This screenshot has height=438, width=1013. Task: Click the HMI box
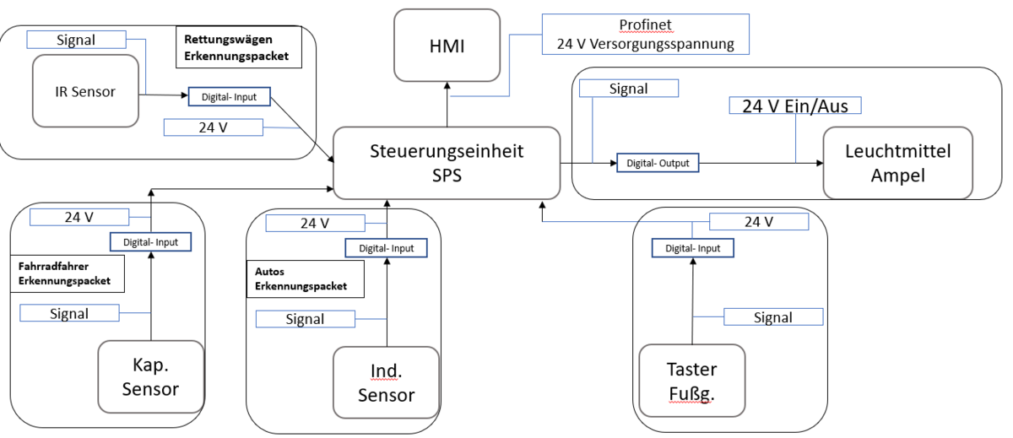coord(447,44)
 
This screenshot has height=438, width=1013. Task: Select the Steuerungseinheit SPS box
coord(447,164)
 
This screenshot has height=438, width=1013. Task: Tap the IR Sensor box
coord(84,92)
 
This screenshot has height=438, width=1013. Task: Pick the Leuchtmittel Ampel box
coord(897,164)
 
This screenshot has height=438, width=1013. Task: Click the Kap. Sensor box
coord(151,377)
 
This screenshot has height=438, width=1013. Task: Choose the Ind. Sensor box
coord(386,382)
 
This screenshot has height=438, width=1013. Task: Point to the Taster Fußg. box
coord(691,381)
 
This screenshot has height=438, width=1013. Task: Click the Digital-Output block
coord(658,163)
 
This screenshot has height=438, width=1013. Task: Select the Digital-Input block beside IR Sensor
coord(229,97)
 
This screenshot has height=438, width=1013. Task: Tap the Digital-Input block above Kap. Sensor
coord(149,242)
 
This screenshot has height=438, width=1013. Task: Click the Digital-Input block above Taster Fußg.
coord(692,248)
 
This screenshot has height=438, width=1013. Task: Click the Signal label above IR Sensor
coord(76,40)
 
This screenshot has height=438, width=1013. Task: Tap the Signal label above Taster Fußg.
coord(773,317)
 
